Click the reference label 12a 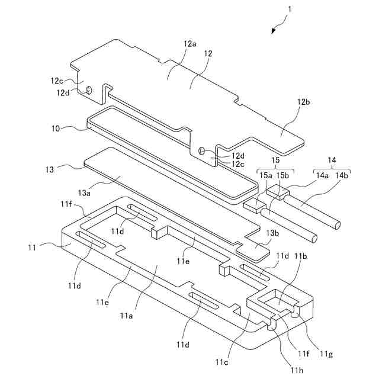pos(189,44)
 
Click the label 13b pos(273,233)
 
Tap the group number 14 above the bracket pos(332,159)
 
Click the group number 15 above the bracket pos(274,159)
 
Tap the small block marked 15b pos(277,191)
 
